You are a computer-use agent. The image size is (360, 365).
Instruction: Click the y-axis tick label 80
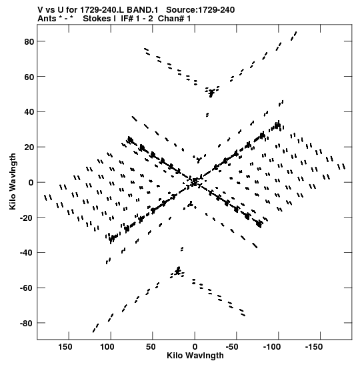(x=29, y=41)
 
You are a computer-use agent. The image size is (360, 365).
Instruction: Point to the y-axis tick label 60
(x=29, y=77)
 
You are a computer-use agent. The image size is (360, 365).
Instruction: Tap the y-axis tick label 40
(x=29, y=112)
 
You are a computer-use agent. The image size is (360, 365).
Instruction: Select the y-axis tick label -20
(x=27, y=218)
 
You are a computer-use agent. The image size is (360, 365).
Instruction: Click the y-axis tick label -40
(x=27, y=253)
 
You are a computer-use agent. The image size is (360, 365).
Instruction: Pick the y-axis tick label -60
(x=27, y=288)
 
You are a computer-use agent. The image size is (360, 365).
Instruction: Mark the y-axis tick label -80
(x=27, y=324)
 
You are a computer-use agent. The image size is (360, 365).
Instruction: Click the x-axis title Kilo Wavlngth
(x=195, y=356)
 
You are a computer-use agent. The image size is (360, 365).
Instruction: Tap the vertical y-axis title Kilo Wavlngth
(x=13, y=181)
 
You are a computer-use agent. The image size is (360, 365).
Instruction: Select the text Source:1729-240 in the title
(x=201, y=10)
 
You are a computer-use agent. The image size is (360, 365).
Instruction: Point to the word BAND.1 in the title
(x=142, y=10)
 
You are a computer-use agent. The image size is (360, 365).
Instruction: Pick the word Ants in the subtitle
(x=47, y=19)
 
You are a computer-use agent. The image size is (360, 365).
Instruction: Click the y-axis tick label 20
(x=29, y=147)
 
